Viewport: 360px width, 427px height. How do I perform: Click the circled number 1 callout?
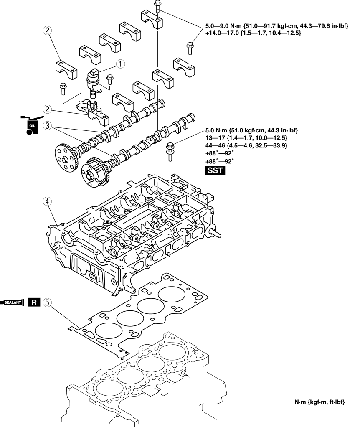(x=120, y=64)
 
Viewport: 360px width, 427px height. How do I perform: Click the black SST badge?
(x=215, y=170)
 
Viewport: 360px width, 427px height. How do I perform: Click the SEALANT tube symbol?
(x=14, y=302)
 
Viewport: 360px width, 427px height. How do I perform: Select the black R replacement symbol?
(x=34, y=302)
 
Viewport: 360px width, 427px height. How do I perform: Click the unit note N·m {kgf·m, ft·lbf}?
(x=319, y=402)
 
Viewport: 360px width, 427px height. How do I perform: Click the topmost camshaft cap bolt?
(x=157, y=6)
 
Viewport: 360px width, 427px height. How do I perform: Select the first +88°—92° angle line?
(x=221, y=153)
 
